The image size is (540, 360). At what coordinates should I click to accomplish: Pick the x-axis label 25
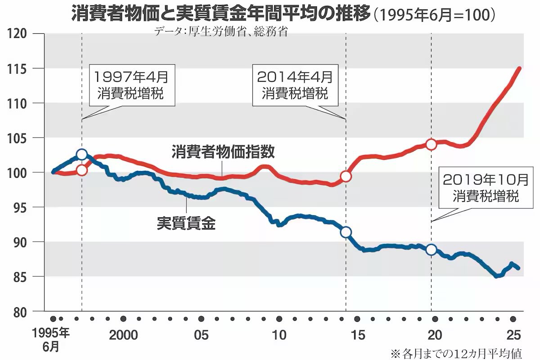[513, 335]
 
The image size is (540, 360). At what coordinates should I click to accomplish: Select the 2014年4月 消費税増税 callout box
[295, 85]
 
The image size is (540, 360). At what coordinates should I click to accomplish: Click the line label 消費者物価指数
[223, 151]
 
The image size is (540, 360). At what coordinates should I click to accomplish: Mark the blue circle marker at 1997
[81, 154]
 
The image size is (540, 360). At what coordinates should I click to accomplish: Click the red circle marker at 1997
[81, 170]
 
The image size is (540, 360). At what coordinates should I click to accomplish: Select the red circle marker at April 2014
[346, 176]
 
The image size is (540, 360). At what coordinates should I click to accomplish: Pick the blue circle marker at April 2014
[346, 232]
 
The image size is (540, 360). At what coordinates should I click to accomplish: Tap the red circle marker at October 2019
[431, 144]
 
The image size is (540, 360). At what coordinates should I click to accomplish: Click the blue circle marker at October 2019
[431, 249]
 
